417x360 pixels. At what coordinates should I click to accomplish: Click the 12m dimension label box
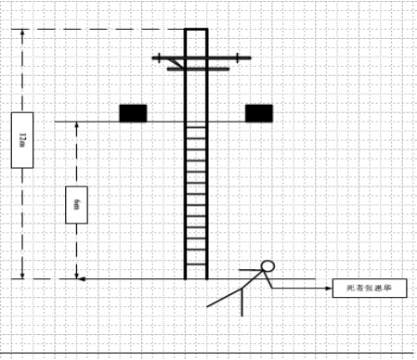click(x=22, y=140)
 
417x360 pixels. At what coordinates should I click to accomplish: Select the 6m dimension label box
click(x=75, y=204)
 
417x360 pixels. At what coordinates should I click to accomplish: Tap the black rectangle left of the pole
click(x=133, y=113)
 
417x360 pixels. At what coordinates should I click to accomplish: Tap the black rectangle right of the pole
click(x=259, y=113)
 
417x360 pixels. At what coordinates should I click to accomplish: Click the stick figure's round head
click(x=268, y=267)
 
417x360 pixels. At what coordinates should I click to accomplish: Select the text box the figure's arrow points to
click(x=369, y=289)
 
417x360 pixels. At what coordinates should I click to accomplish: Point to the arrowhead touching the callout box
click(x=329, y=289)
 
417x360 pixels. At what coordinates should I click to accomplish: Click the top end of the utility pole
click(x=196, y=31)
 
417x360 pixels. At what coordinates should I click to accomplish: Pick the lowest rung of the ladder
click(x=196, y=264)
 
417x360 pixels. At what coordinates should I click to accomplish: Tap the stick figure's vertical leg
click(x=241, y=301)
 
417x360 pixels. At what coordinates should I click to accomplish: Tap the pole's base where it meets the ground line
click(x=196, y=278)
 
